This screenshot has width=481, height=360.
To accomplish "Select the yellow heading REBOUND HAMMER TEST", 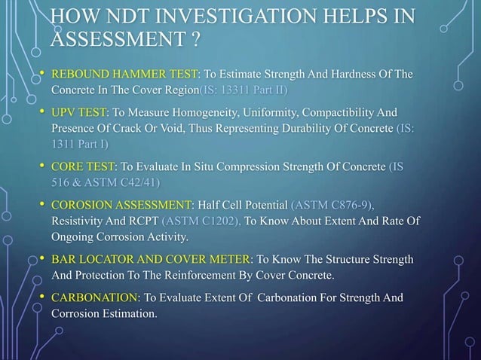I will pos(123,73).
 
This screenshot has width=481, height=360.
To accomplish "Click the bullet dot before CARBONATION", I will pos(41,298).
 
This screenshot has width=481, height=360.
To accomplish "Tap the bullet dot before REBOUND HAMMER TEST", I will pos(41,73).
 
